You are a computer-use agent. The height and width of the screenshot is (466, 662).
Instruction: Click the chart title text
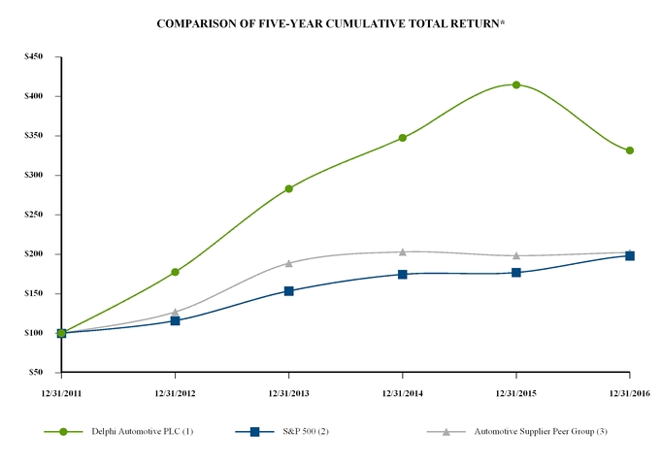coord(331,22)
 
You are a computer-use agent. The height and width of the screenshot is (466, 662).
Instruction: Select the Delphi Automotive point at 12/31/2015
coord(515,84)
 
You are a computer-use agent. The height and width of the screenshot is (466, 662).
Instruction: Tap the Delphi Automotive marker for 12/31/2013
coord(288,188)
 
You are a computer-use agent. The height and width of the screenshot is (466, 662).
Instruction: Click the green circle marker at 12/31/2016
coord(630,150)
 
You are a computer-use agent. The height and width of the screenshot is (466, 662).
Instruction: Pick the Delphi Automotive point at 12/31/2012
coord(175,272)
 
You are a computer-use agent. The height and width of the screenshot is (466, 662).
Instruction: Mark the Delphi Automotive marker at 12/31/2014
coord(402,138)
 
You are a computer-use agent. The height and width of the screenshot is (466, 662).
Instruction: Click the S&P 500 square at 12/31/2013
coord(288,290)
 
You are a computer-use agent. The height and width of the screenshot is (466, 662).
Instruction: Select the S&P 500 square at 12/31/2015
coord(515,273)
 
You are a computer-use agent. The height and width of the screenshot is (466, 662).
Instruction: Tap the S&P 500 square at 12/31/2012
coord(175,320)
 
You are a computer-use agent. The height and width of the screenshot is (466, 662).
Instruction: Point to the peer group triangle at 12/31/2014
coord(402,251)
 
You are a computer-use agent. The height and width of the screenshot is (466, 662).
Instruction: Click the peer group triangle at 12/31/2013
coord(288,262)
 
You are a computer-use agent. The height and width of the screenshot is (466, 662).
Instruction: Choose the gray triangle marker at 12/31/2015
coord(515,255)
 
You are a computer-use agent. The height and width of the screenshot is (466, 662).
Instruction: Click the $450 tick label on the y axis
coord(33,56)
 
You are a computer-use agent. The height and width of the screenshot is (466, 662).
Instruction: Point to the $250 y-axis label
coord(33,215)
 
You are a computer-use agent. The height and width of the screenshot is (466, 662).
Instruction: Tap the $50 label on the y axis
coord(35,372)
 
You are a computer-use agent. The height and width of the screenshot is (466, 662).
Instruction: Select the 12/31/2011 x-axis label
coord(61,392)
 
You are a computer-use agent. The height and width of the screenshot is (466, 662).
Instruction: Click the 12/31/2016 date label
coord(630,392)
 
